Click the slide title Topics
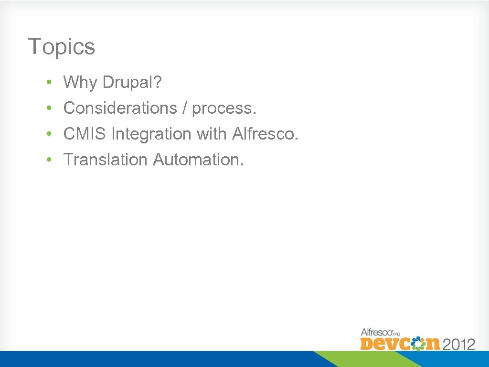62,47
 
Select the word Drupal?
132,83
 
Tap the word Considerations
120,108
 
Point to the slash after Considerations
184,108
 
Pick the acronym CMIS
85,134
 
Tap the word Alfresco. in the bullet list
266,134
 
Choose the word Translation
106,160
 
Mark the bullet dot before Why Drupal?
49,84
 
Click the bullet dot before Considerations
49,109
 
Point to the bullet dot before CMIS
49,135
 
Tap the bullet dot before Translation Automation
49,161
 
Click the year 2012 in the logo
459,344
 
